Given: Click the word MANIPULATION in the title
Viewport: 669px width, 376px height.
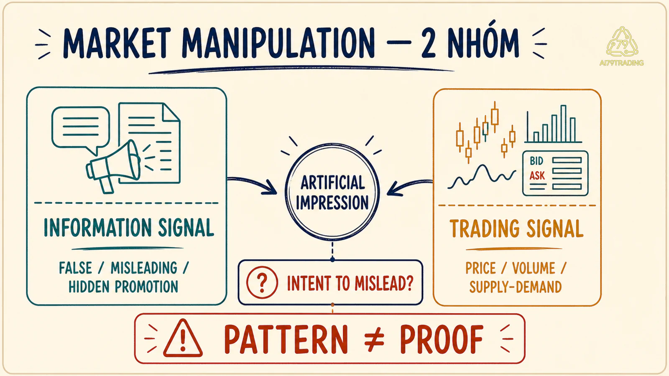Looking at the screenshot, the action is [x=278, y=43].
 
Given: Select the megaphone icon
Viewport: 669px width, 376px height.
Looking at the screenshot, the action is [x=113, y=165].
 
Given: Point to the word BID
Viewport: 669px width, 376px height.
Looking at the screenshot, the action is [x=536, y=161].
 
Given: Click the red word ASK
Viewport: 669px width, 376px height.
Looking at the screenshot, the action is [x=537, y=176].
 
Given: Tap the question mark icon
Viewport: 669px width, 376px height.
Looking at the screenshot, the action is [x=262, y=282].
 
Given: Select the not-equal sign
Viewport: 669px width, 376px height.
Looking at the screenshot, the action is [x=374, y=340].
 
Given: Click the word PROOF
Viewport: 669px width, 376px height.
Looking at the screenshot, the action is [x=442, y=339].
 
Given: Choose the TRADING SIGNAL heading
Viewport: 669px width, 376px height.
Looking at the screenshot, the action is [x=516, y=229].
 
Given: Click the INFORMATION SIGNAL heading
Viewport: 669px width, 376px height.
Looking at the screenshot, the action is [x=129, y=228].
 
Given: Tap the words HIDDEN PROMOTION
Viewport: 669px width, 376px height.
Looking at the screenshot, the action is [x=123, y=287].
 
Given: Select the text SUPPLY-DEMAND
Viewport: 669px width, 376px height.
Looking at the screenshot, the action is [x=516, y=287].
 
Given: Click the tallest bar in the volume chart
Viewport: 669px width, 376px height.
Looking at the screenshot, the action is [x=563, y=124].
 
